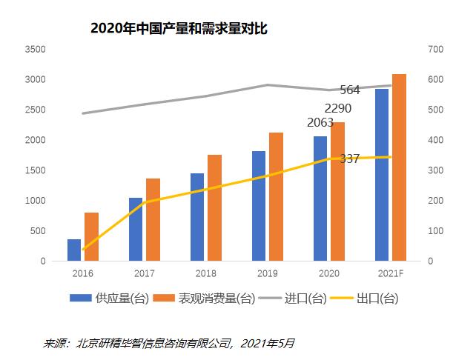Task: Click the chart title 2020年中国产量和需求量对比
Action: coord(178,29)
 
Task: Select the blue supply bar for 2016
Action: coord(74,250)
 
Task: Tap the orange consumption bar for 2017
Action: coord(153,220)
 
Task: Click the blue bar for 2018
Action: coord(196,217)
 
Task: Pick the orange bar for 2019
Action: coord(276,197)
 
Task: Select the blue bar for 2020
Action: coord(320,199)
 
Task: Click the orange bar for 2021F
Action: coord(399,167)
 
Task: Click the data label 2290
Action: coord(337,109)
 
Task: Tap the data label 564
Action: coord(350,90)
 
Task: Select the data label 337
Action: coord(350,159)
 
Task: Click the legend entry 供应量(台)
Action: coord(102,299)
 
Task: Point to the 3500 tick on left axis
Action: coord(35,50)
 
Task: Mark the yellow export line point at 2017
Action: coord(145,202)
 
